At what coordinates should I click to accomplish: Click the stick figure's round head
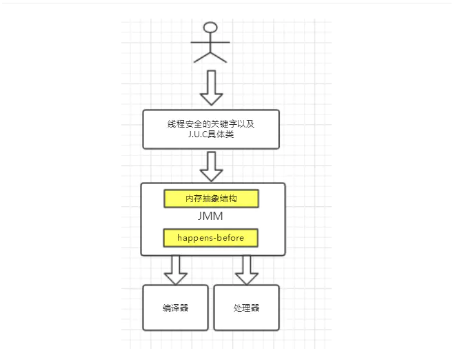click(211, 28)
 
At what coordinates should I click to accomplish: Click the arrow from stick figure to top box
click(211, 86)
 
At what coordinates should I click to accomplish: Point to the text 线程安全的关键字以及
click(211, 123)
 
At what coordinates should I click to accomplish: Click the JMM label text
click(211, 218)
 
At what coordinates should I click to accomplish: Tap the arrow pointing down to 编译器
click(176, 269)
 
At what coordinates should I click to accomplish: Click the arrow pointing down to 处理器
click(246, 269)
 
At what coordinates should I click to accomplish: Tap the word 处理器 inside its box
click(246, 308)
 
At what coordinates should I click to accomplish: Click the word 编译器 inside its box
click(176, 308)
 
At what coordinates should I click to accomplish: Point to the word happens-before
click(211, 238)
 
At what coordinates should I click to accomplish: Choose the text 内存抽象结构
click(211, 199)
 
